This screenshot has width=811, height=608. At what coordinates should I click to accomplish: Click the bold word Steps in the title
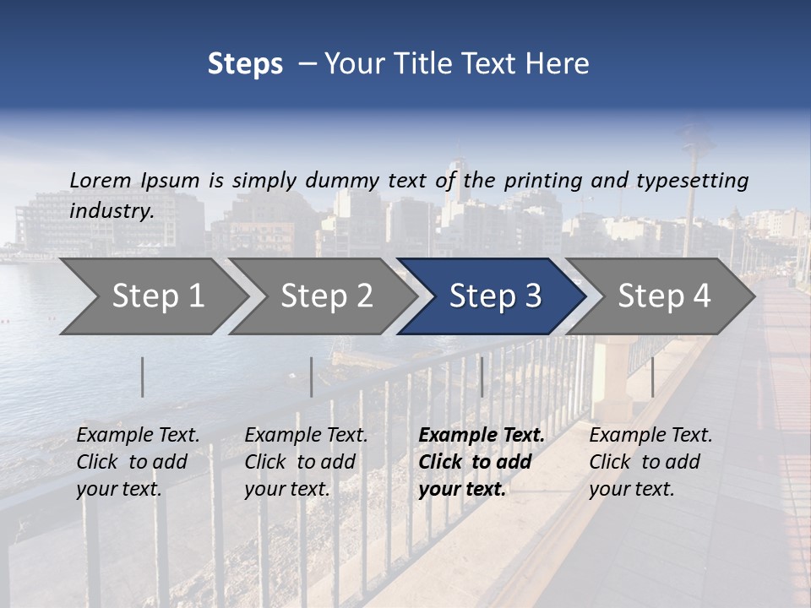point(245,64)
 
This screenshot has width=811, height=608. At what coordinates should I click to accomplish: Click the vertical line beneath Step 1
point(143,377)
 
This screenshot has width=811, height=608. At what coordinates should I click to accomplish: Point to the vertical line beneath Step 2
point(312,377)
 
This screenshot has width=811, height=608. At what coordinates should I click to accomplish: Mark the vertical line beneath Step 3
point(482,377)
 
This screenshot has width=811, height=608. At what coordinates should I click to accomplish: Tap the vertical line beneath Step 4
point(652,377)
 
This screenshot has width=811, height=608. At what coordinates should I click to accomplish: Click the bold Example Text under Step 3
point(482,461)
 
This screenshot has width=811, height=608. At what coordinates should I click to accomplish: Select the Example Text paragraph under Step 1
point(138,461)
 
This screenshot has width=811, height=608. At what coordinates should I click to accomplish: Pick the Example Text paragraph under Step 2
point(306,461)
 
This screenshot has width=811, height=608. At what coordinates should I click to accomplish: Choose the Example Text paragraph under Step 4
point(650,461)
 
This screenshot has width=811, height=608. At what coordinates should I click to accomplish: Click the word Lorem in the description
point(101,180)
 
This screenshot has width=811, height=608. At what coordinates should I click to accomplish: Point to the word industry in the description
point(112,211)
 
